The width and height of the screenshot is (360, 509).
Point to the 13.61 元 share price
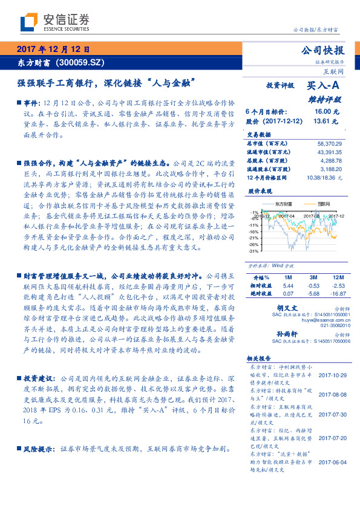(x=322, y=121)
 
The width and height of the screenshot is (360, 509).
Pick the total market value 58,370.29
(x=329, y=143)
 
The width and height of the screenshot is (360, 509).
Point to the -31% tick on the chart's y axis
(x=254, y=251)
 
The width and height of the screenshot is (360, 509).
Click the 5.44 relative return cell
(x=288, y=285)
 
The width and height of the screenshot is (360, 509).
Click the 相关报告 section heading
(x=259, y=358)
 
